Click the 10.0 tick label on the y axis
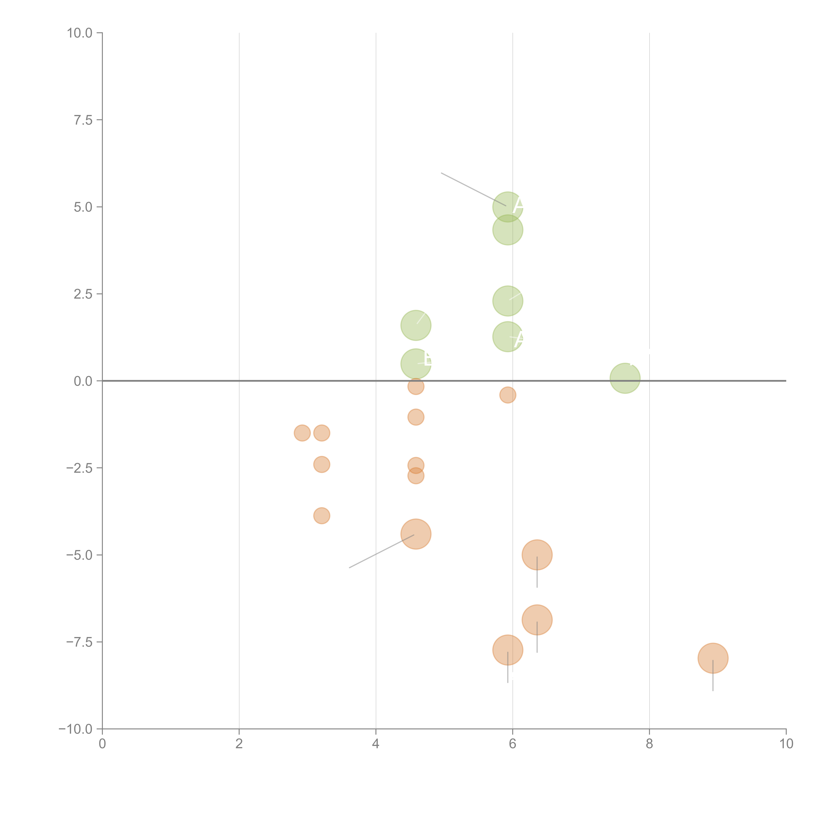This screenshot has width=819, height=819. [80, 33]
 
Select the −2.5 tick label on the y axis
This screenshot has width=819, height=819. [79, 468]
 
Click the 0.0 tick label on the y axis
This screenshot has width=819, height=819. [83, 381]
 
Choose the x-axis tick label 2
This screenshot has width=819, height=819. [239, 744]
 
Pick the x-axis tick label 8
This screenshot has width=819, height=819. [649, 744]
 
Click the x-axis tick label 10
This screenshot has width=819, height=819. [786, 744]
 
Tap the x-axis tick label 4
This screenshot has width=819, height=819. [376, 744]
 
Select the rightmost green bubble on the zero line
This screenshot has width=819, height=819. [625, 378]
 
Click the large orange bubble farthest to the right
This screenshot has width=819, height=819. [713, 658]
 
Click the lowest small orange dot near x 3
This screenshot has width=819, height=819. [322, 515]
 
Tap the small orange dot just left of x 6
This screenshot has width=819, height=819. [507, 395]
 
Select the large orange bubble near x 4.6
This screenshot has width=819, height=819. [416, 534]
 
